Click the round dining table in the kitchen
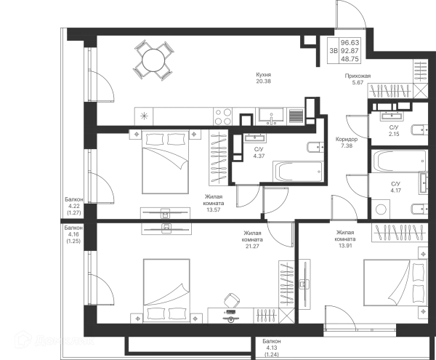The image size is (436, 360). (153, 60)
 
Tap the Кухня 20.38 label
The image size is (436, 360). (263, 78)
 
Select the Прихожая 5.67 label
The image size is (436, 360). (358, 79)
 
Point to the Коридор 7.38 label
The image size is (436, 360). (347, 142)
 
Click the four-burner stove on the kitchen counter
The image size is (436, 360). (223, 116)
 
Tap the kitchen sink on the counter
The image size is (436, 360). (271, 116)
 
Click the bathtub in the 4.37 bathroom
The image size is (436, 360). (298, 172)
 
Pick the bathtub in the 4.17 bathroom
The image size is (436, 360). (399, 161)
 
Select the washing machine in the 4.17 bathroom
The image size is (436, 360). (381, 209)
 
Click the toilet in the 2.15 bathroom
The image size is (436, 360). (419, 130)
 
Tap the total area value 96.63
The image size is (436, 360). (350, 43)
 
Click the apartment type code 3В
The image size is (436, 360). (334, 51)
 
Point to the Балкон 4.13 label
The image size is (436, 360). (272, 348)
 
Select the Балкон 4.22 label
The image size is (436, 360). (74, 206)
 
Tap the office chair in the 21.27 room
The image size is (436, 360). (232, 300)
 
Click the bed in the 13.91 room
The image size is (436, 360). (395, 283)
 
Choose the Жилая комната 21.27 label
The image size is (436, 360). (252, 239)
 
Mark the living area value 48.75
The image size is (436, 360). (350, 59)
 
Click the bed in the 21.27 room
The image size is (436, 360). (166, 291)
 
